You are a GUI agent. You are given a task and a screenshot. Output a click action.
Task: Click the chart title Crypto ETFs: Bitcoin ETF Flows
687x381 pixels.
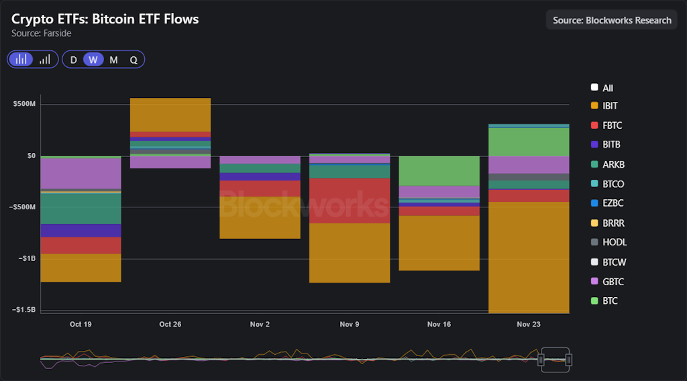coord(105,19)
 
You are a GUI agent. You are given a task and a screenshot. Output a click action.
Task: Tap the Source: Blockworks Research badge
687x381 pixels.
coord(611,20)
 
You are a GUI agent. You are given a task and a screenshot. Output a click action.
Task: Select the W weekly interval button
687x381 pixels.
coord(93,60)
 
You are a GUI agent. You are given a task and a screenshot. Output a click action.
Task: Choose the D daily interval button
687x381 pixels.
coord(74,60)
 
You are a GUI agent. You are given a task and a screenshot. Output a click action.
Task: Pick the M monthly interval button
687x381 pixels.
coord(113,60)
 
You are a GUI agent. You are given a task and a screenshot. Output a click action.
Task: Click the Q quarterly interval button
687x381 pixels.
coord(134,60)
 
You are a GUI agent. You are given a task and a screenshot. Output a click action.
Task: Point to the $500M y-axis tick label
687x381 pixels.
coord(24,105)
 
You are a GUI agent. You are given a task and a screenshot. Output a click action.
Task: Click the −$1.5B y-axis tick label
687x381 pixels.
coord(23,310)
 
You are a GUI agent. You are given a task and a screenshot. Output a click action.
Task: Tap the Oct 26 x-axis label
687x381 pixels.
coord(170,324)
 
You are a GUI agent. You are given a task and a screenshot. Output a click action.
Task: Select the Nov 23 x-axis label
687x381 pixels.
coord(529,324)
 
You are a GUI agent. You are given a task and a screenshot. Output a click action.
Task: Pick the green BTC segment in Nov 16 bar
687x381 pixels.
coord(439,170)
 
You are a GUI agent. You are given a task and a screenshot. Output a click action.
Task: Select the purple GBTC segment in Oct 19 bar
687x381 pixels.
coord(81,173)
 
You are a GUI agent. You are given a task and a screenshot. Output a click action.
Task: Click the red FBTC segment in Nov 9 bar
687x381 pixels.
coord(350,200)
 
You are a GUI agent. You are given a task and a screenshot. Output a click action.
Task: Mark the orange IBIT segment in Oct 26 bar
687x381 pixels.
coord(170,115)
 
